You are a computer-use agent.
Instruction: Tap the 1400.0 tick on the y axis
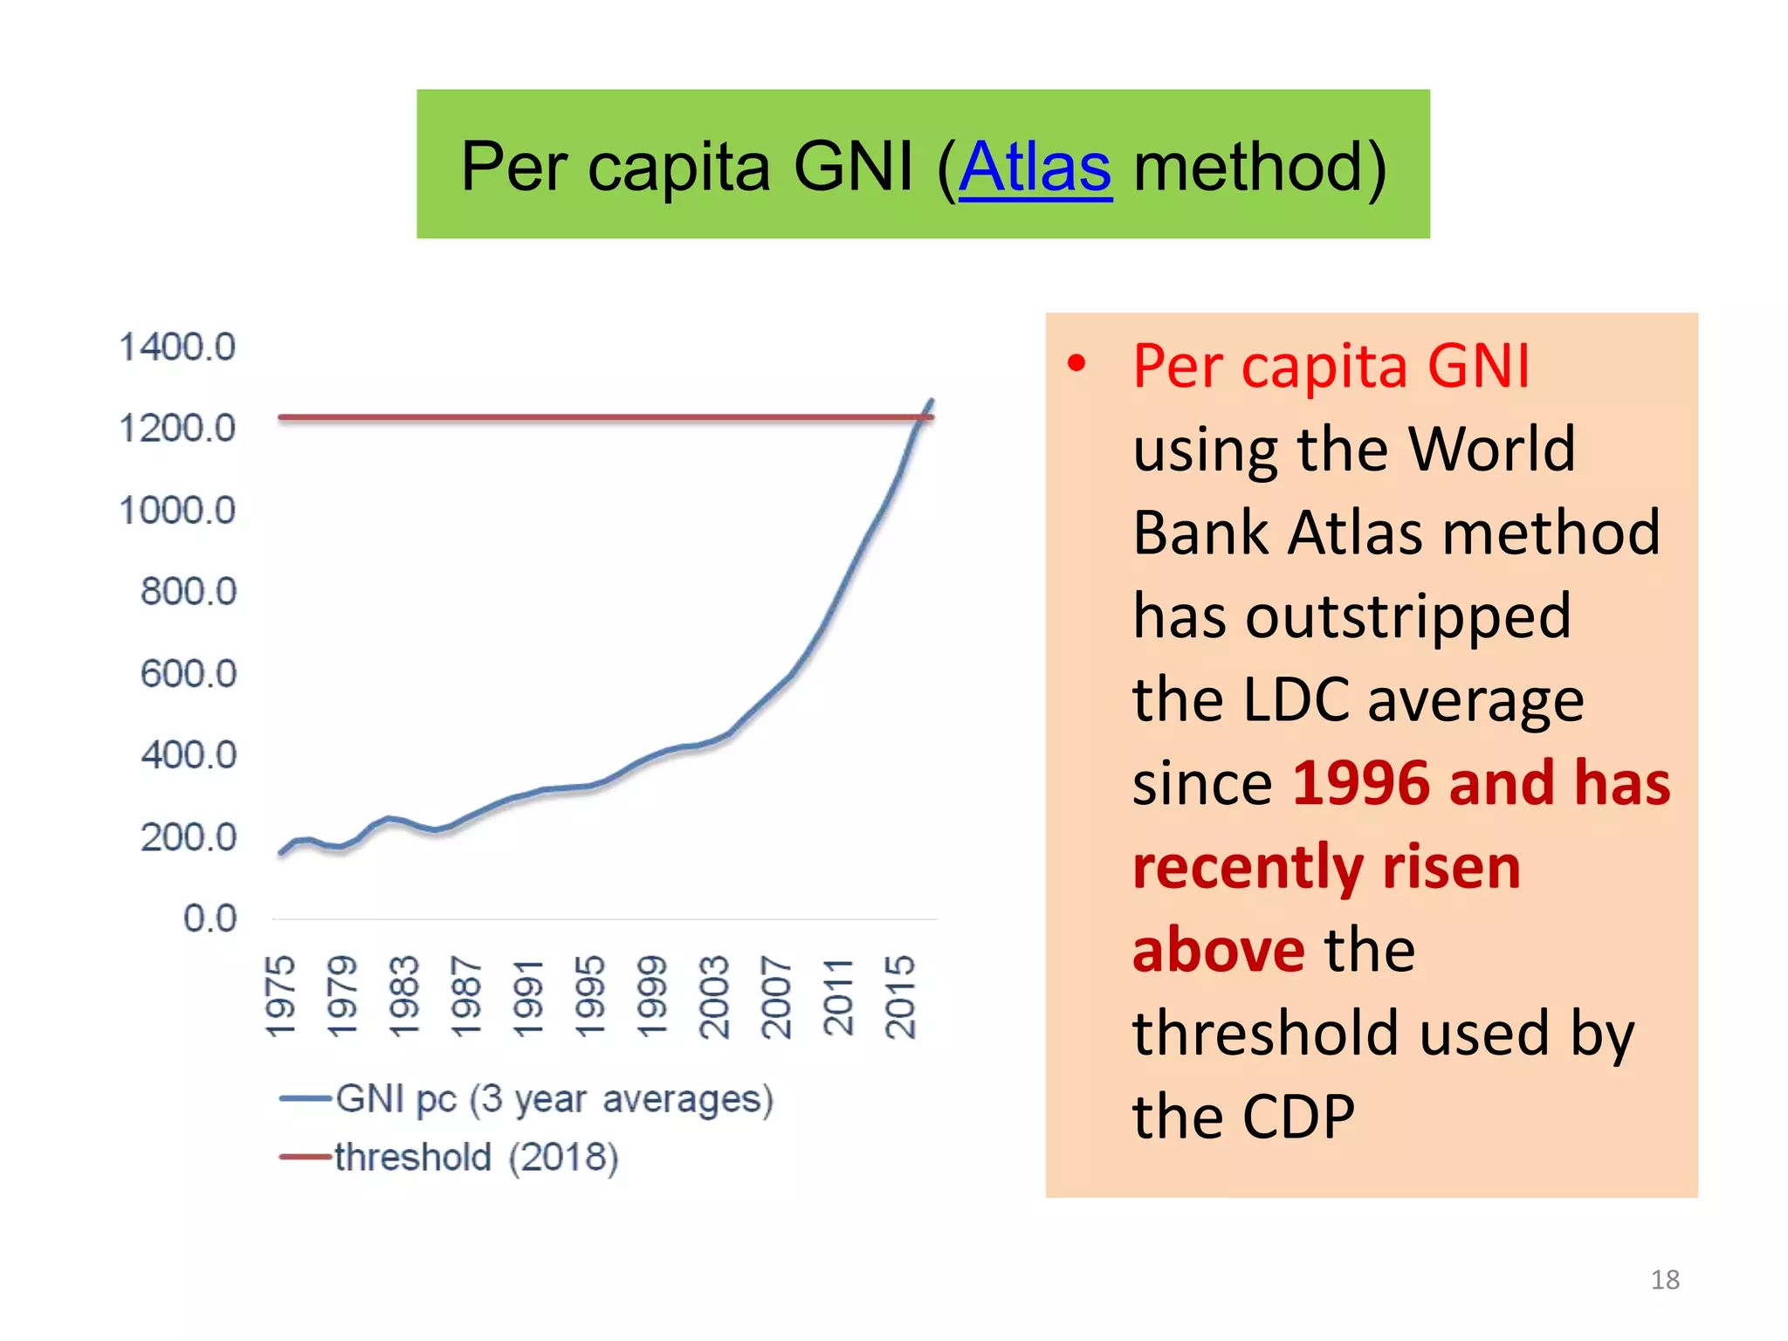pos(177,347)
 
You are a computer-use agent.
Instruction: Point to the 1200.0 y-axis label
pos(177,429)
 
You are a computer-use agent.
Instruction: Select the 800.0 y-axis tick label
pos(189,592)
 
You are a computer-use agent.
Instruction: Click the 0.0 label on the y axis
pos(210,918)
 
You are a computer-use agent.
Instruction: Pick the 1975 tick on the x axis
pos(281,996)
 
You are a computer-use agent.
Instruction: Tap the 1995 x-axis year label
pos(590,996)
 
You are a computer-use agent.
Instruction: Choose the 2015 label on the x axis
pos(900,996)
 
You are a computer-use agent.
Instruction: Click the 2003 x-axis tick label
pos(714,996)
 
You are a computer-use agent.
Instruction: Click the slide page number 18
pos(1665,1280)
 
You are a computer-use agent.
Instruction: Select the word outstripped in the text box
pos(1408,616)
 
